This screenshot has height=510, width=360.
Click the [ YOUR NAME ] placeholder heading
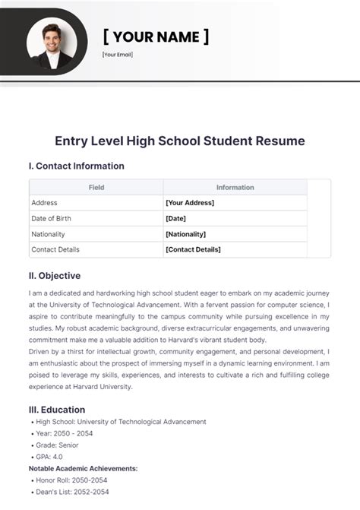(x=156, y=36)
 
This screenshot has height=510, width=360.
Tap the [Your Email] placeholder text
(x=117, y=55)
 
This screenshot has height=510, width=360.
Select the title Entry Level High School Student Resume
(x=180, y=141)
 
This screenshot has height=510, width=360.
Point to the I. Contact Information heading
(x=76, y=166)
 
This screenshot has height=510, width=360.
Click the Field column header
(x=96, y=187)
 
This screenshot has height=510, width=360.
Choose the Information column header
(x=235, y=187)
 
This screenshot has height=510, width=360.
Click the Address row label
(x=44, y=203)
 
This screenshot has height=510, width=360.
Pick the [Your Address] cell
(x=190, y=203)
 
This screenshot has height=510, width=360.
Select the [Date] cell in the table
(x=175, y=218)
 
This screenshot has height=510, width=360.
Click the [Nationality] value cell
(x=185, y=234)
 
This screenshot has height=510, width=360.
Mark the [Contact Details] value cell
(x=193, y=249)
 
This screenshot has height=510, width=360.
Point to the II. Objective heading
(x=55, y=276)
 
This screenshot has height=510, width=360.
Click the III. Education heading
(x=58, y=409)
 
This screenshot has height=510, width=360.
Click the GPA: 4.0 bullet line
(x=52, y=457)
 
